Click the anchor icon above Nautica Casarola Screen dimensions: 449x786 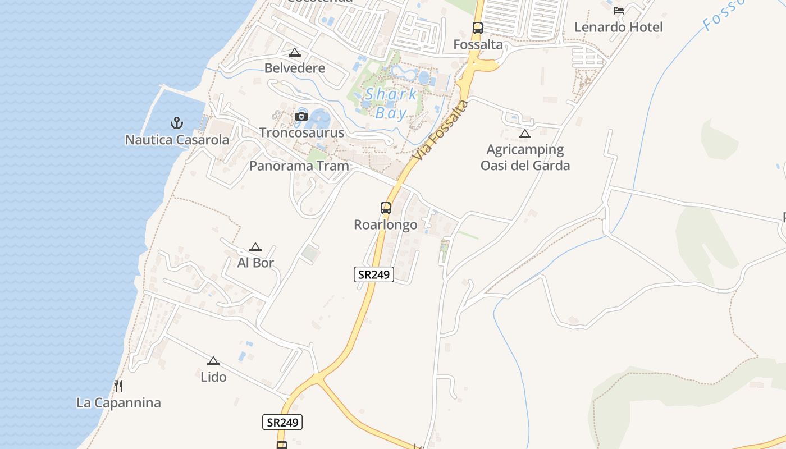coord(177,122)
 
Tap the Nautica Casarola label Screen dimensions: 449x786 coord(177,140)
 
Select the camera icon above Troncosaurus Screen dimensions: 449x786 coord(301,116)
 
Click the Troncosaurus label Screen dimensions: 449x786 coord(301,133)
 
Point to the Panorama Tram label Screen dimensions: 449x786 coord(299,166)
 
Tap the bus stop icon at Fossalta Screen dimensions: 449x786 coord(478,28)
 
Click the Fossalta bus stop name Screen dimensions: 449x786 coord(478,45)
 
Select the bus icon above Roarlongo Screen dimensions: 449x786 coord(386,208)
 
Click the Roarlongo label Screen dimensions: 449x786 coord(386,225)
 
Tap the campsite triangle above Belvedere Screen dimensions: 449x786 coord(295,53)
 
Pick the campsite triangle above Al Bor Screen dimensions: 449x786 coord(255,247)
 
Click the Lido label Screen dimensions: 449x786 coord(213,377)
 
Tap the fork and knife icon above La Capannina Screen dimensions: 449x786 coord(118,386)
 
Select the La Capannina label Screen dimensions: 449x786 coord(118,403)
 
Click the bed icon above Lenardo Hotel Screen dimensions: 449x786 coord(619,11)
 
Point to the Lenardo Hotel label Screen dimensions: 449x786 coord(619,28)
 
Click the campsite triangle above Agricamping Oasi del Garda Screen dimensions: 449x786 coord(525,134)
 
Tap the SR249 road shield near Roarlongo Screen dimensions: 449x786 coord(374,274)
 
